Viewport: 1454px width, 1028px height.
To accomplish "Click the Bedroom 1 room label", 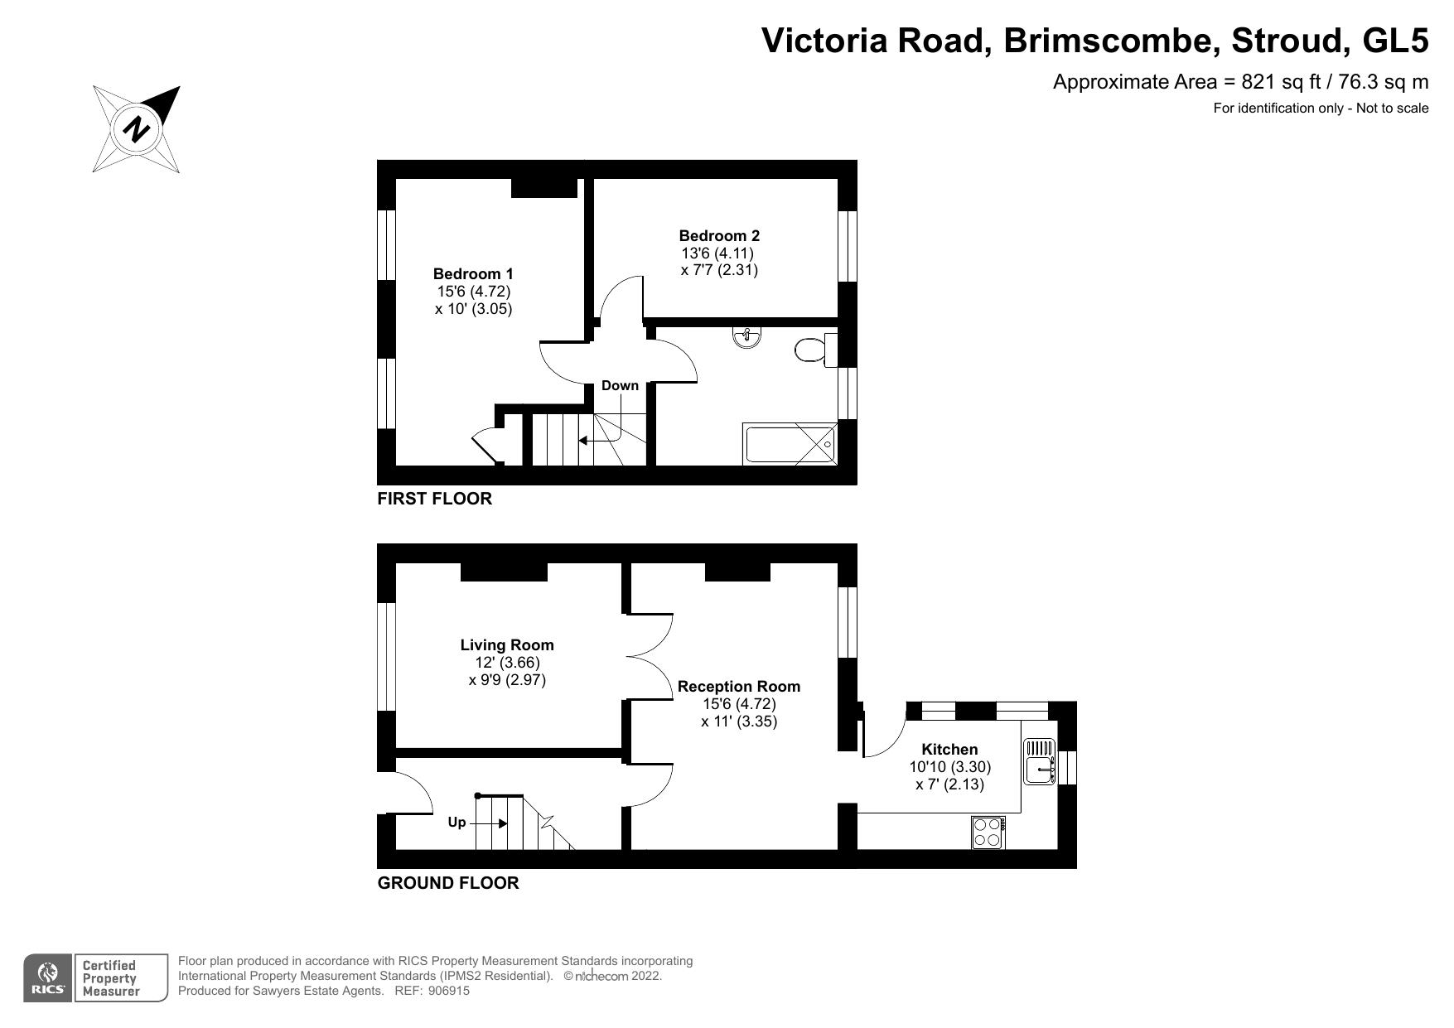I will [x=473, y=274].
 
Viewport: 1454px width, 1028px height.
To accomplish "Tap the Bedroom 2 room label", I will [x=719, y=236].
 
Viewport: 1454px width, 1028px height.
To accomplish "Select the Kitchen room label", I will [x=949, y=750].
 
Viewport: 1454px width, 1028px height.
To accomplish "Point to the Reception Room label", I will [x=738, y=687].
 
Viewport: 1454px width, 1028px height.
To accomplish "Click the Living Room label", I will [x=507, y=645].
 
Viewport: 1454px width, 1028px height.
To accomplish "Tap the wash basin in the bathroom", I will [x=746, y=337].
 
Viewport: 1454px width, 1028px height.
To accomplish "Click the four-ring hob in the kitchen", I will [x=988, y=832].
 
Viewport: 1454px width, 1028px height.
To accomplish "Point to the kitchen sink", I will [x=1039, y=760].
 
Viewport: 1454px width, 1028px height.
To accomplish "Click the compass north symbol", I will [x=137, y=129].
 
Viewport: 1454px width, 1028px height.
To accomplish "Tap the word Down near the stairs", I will [x=620, y=386].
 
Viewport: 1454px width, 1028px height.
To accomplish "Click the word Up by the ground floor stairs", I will [x=456, y=823].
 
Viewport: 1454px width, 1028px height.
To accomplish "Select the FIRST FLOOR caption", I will [x=434, y=499].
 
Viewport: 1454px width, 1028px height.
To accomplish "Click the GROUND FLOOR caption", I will [x=448, y=883].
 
